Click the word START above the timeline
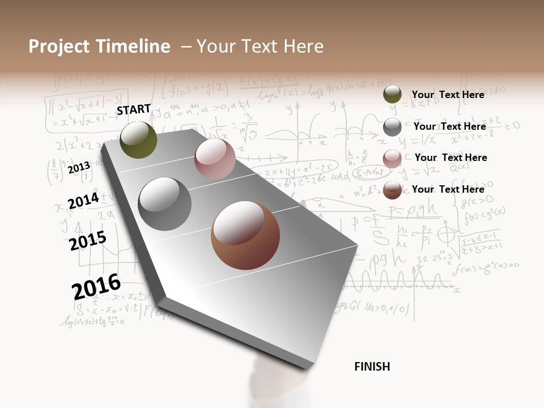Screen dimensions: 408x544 point(134,109)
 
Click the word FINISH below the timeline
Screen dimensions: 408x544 point(372,367)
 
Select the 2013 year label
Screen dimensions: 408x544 point(79,168)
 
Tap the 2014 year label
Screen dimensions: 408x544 point(83,201)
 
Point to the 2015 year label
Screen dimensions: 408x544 point(87,241)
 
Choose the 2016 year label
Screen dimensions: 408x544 point(96,287)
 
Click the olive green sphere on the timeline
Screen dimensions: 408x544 point(138,140)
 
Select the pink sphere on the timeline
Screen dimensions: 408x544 point(215,159)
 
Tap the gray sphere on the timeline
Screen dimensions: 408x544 point(165,204)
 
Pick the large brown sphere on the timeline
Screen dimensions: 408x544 point(245,235)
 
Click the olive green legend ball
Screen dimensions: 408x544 point(392,95)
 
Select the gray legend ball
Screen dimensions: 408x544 point(392,127)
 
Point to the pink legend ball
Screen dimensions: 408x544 point(392,159)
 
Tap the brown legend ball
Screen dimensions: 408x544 point(392,190)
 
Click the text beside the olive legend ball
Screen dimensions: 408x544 point(448,95)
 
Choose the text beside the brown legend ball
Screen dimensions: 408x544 point(448,189)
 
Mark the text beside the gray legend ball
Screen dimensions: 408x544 point(449,126)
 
